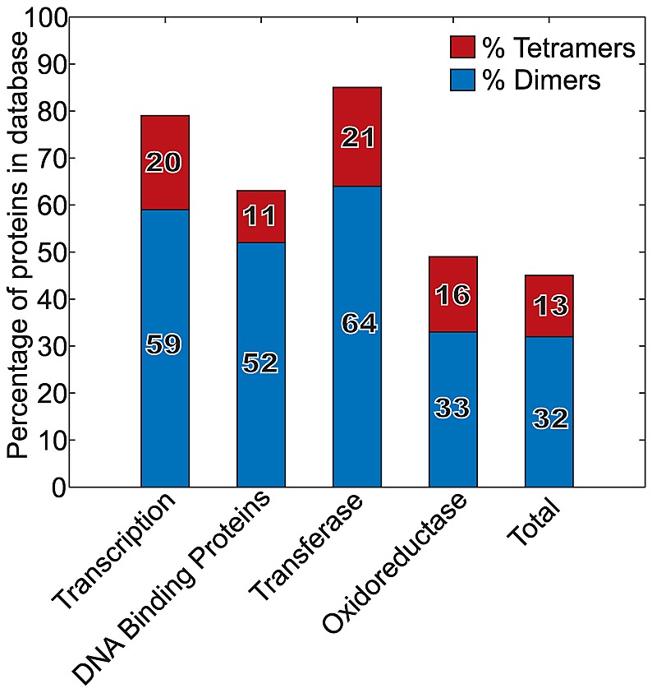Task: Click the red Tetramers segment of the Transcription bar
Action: (x=165, y=163)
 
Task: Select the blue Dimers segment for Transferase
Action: (x=357, y=336)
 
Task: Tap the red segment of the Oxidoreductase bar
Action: (x=453, y=294)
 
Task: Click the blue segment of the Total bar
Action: (x=549, y=412)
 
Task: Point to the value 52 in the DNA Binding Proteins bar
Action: (x=260, y=363)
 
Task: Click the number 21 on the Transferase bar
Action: (x=358, y=137)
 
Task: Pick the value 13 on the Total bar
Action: (x=550, y=306)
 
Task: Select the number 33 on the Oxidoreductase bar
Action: (x=452, y=408)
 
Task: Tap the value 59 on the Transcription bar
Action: (x=163, y=344)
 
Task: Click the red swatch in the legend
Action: (x=462, y=47)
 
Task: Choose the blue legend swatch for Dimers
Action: (x=462, y=80)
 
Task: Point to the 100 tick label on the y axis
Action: (x=46, y=18)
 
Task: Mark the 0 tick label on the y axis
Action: (x=59, y=487)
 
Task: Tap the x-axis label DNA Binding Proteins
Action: (x=172, y=588)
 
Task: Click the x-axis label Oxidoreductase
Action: (x=394, y=563)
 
